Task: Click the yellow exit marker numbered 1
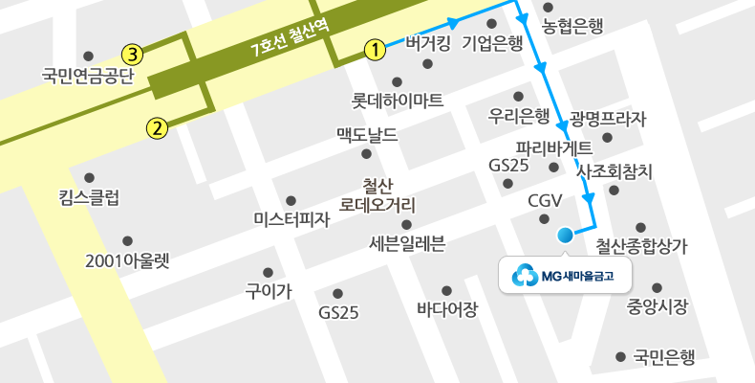(375, 48)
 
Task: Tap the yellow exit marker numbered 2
(157, 125)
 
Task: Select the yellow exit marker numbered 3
(133, 53)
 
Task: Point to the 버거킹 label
(427, 42)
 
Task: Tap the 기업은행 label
(492, 42)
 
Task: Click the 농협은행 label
(572, 27)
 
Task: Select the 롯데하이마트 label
(397, 99)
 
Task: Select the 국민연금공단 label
(90, 74)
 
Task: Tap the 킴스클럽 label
(90, 198)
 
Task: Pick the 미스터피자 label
(291, 219)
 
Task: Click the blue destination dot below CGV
(565, 235)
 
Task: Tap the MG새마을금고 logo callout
(564, 276)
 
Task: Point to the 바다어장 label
(446, 309)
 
